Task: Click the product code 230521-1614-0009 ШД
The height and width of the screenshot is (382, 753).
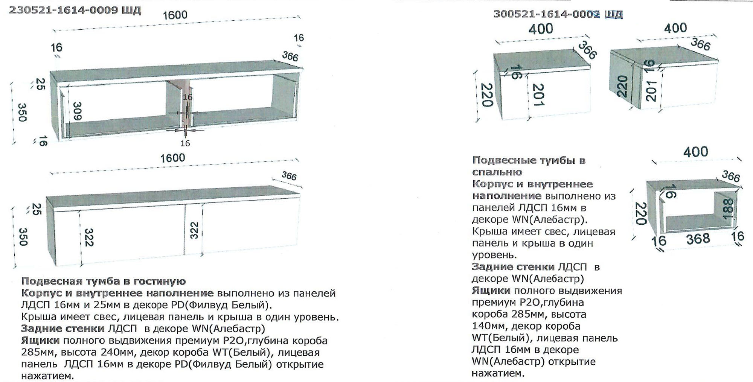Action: [x=75, y=10]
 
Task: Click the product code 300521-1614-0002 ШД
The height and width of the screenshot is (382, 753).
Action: [x=558, y=14]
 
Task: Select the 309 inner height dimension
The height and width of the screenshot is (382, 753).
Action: [x=77, y=111]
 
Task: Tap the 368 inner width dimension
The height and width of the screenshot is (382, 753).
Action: [x=698, y=239]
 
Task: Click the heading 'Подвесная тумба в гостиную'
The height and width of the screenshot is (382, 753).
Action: [x=104, y=281]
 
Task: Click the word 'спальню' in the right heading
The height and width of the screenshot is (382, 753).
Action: [x=497, y=172]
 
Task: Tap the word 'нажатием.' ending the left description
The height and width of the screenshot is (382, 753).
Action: [x=47, y=376]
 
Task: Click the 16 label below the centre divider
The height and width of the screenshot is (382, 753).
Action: [x=185, y=143]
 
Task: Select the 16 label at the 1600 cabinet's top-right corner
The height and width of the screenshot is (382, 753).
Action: [x=299, y=38]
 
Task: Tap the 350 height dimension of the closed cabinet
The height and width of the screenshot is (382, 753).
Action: [x=23, y=237]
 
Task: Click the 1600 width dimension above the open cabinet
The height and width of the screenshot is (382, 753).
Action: [x=175, y=15]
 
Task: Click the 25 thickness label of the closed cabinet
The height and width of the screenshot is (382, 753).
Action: [x=37, y=209]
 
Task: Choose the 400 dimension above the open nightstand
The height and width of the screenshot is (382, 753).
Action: [x=696, y=152]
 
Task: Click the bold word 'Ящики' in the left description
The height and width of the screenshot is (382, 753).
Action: [x=40, y=341]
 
